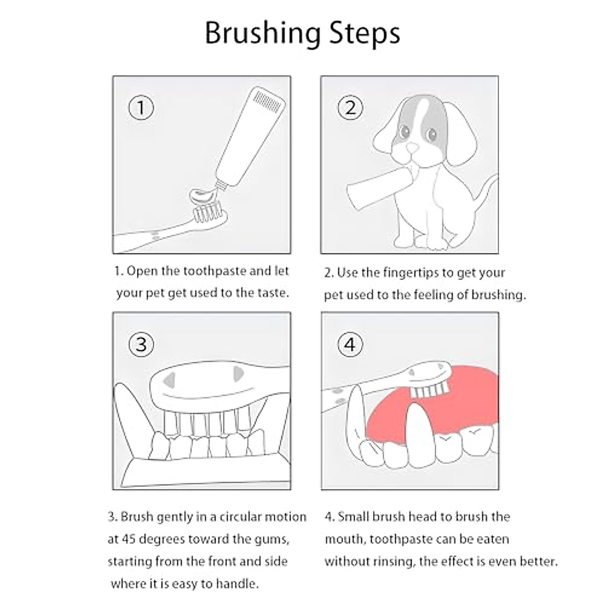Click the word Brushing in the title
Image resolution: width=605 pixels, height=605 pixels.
[262, 33]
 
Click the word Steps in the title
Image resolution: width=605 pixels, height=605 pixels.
[365, 33]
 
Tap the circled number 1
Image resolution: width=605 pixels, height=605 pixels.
[141, 108]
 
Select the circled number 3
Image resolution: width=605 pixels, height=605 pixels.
[141, 344]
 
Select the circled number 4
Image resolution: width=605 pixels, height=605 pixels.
[350, 344]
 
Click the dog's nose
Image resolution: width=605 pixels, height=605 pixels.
[413, 148]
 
